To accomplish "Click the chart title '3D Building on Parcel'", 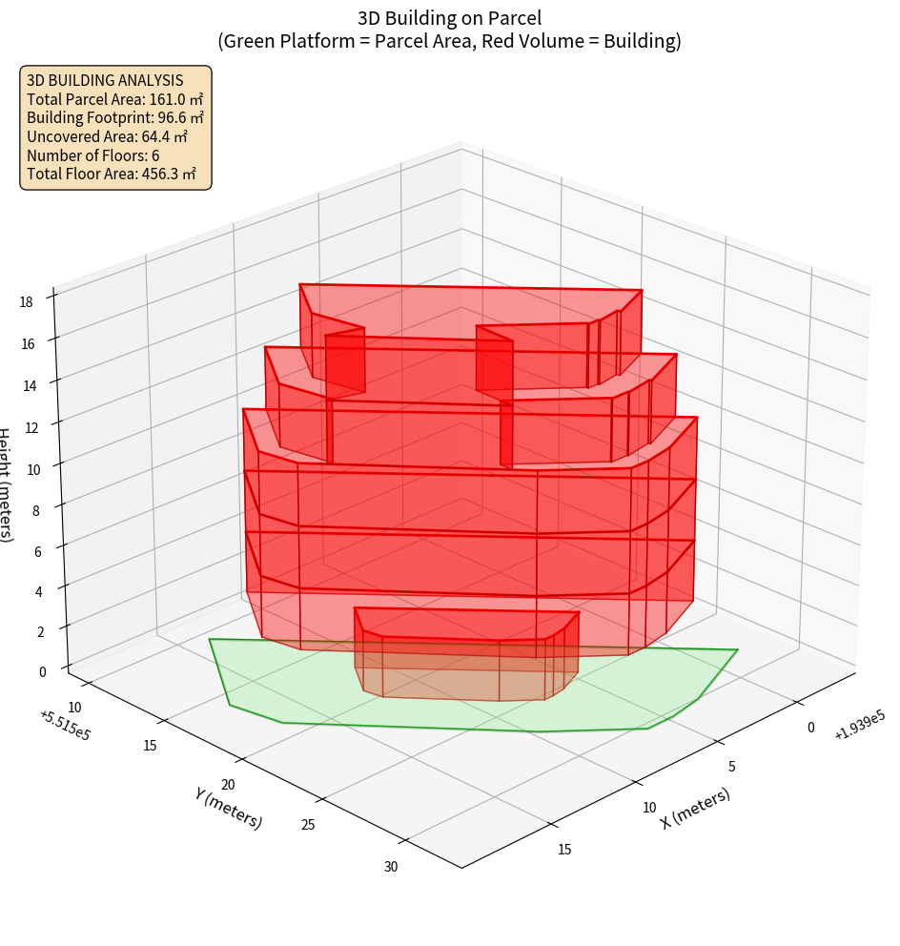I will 449,17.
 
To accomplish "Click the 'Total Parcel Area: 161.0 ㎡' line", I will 114,99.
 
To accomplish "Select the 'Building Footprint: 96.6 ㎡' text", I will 115,117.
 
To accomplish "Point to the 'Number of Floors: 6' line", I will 92,155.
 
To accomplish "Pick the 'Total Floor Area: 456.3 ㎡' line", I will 112,174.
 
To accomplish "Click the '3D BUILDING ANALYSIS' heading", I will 105,80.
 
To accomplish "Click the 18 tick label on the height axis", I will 26,301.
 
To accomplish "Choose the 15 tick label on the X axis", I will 564,849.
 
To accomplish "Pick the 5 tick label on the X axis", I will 730,766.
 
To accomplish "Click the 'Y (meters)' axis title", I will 228,808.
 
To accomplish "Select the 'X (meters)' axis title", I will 695,808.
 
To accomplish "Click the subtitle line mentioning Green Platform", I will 449,41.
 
